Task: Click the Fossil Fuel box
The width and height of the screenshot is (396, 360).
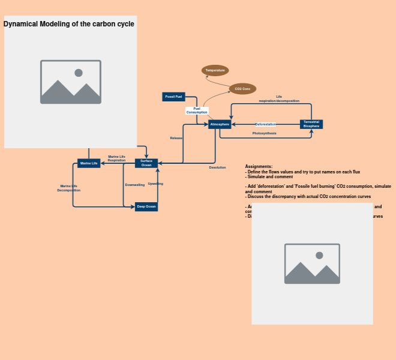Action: point(174,97)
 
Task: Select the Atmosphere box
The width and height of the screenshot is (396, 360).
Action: point(220,124)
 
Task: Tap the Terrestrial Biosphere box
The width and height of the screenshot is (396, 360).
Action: point(311,124)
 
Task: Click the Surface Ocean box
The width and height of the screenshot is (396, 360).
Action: point(146,163)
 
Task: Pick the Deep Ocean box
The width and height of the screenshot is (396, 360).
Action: point(146,206)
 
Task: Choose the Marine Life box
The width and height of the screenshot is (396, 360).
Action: point(89,163)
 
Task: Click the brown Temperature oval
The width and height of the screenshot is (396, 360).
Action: point(215,70)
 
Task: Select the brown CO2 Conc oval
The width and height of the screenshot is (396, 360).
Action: point(242,89)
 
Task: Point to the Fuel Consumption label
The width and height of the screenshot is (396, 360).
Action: point(197,110)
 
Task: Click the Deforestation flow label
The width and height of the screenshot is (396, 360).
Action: point(266,124)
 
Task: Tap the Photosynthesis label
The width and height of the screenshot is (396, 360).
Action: point(265,133)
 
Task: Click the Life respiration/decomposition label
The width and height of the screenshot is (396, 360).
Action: point(279,98)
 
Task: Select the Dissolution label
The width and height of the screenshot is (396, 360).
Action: point(218,167)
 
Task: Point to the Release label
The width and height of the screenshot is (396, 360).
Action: point(176,138)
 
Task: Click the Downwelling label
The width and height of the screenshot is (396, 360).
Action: point(135,185)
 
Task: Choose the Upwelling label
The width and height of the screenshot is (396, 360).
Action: point(155,184)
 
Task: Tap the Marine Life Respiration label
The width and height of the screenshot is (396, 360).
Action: point(117,158)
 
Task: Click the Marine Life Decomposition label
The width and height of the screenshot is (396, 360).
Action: point(69,188)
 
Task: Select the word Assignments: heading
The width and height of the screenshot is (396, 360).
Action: point(259,166)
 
